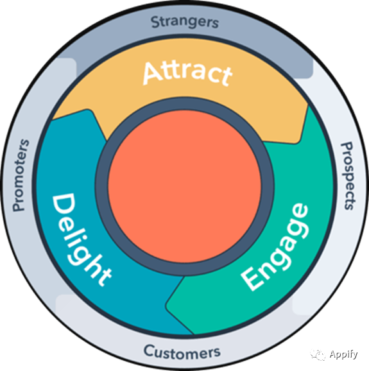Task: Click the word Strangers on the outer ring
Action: tap(185, 22)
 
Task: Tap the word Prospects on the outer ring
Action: tap(348, 176)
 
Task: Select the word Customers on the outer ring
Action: tap(182, 352)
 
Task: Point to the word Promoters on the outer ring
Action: tap(21, 175)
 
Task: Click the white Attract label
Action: tap(187, 73)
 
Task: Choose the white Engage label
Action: tap(275, 246)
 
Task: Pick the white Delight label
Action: tap(80, 239)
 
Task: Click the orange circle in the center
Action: tap(185, 186)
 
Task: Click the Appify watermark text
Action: tap(343, 354)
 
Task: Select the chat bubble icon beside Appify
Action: tap(318, 355)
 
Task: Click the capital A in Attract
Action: tap(153, 73)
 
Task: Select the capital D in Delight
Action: tap(64, 205)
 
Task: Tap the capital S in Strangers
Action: tap(156, 22)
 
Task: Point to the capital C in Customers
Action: tap(150, 351)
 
